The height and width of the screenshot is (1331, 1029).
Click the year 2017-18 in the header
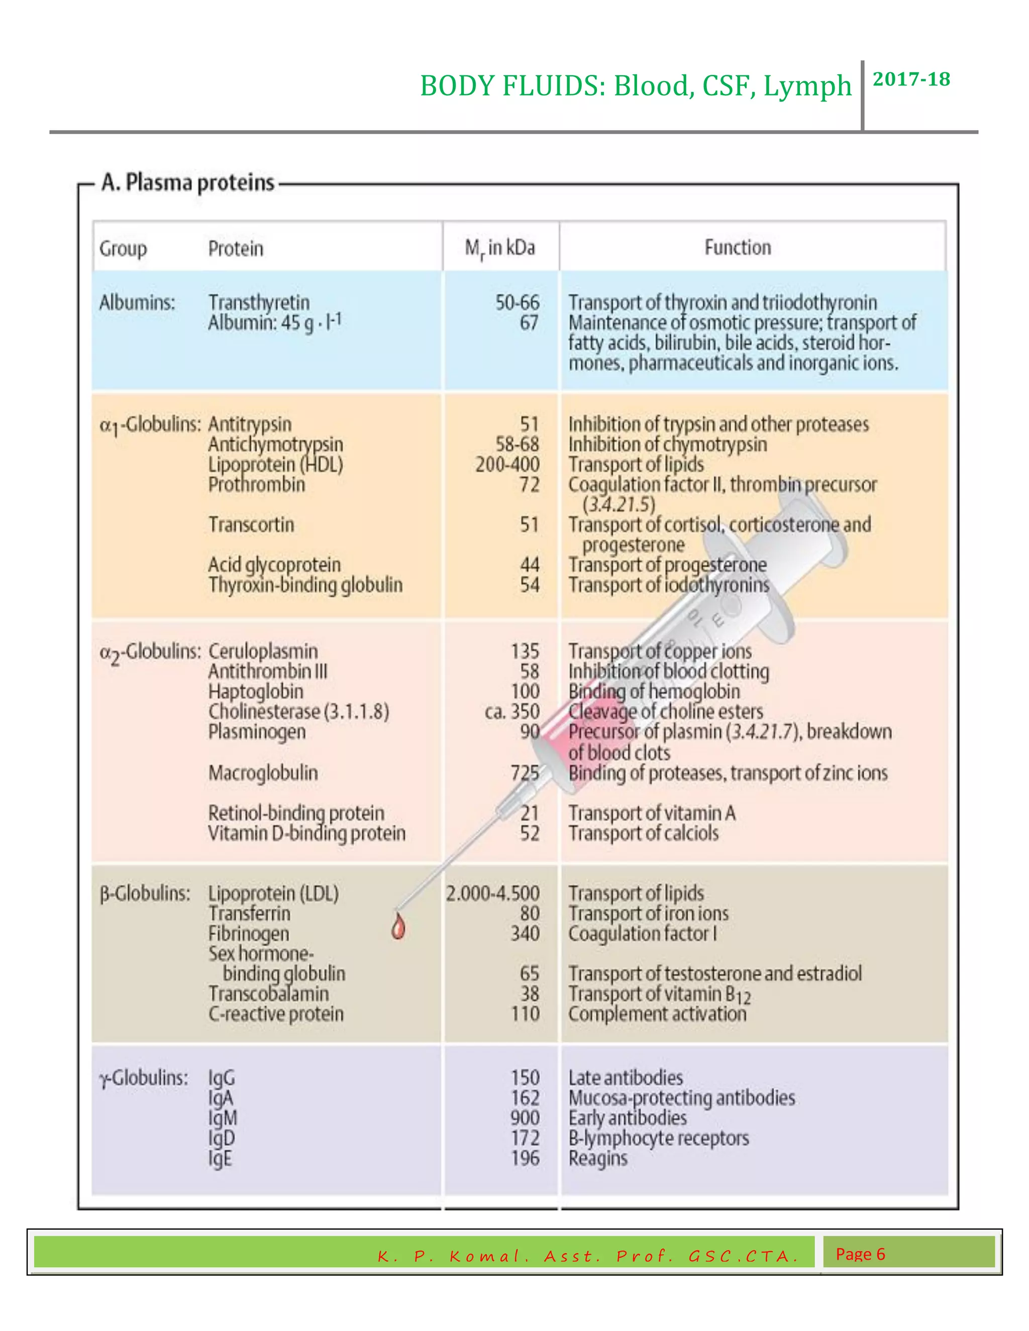(x=911, y=79)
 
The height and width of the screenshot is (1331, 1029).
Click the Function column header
(x=738, y=248)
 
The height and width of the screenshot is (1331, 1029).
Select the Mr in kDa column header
(x=500, y=248)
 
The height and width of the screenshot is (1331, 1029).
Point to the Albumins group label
(x=137, y=302)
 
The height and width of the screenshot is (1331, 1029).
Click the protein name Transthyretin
(x=259, y=302)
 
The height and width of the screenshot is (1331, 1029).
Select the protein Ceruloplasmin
(x=263, y=651)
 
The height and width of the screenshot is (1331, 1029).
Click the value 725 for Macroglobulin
(x=525, y=773)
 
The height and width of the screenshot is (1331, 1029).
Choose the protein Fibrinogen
(x=249, y=934)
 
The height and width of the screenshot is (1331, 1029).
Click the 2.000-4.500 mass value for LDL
(x=492, y=894)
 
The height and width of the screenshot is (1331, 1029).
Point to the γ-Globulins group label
(x=143, y=1078)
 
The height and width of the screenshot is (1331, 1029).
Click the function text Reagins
(x=597, y=1159)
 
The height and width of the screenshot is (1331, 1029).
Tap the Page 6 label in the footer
(x=860, y=1254)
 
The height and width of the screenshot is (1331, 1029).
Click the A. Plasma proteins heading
(x=188, y=182)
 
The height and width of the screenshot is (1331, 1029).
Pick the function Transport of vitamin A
(x=652, y=814)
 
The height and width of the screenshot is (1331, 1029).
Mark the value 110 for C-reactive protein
(x=525, y=1014)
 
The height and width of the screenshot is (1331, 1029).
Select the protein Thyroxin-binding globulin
(x=305, y=585)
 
